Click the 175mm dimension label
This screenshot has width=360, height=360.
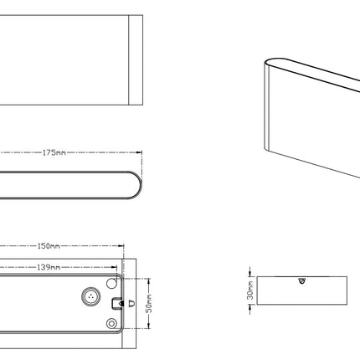(54, 152)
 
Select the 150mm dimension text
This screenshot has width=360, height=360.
(49, 246)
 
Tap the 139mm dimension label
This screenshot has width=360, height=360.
(49, 267)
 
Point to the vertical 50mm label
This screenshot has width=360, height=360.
(149, 303)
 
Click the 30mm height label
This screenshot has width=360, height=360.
(250, 291)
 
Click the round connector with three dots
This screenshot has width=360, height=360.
(91, 296)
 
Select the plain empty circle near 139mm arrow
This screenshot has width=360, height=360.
(111, 283)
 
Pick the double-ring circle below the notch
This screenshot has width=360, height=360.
(111, 324)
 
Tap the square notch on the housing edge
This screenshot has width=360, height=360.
(117, 303)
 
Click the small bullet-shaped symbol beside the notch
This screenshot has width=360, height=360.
(132, 303)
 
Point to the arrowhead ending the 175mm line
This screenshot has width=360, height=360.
(139, 152)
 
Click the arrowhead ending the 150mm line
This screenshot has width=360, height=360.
(121, 246)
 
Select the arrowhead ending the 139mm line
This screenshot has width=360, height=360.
(114, 267)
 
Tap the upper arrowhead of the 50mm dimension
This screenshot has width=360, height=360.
(149, 281)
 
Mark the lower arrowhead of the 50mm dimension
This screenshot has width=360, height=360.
(149, 326)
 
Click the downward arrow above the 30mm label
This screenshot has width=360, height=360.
(250, 273)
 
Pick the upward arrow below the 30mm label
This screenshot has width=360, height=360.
(250, 308)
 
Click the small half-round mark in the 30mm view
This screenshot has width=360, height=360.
(301, 280)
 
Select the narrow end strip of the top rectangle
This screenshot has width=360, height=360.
(136, 60)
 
